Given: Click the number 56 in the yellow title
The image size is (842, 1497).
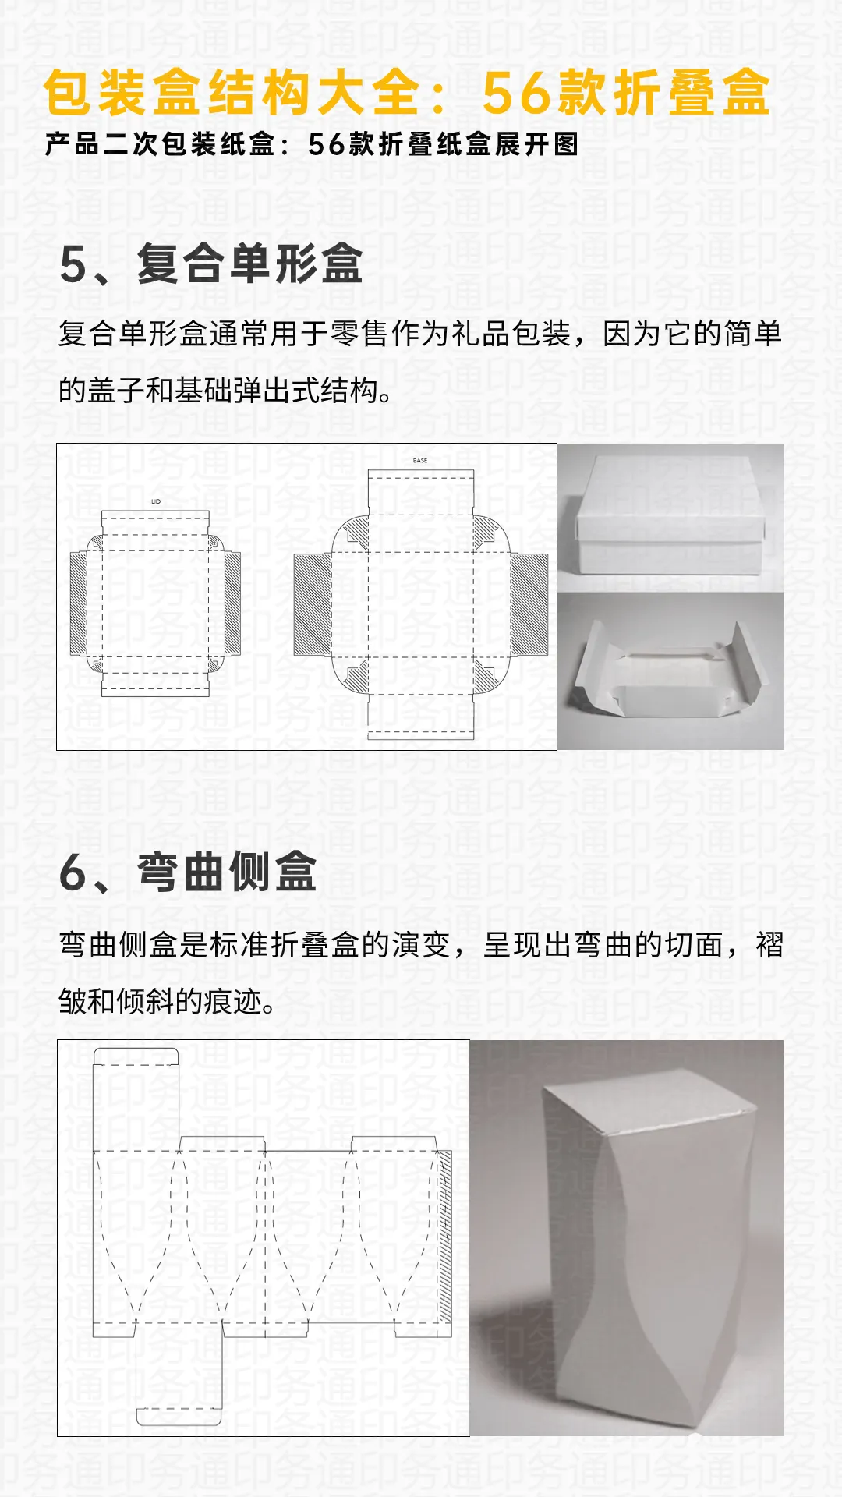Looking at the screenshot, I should [x=517, y=94].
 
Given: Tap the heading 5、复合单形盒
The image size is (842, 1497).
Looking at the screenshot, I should [x=210, y=264].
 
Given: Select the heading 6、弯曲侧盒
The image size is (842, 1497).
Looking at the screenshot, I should [x=188, y=872].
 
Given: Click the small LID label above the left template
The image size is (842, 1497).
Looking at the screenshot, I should [x=156, y=501].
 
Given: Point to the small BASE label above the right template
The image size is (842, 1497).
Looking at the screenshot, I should [x=420, y=461].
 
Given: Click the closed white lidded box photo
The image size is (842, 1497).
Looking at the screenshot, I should [x=670, y=516].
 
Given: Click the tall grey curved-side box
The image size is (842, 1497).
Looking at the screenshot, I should [x=647, y=1247].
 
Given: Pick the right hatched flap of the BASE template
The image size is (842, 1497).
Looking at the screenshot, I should [x=529, y=604].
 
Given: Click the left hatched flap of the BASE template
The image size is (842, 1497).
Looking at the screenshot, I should [x=312, y=604].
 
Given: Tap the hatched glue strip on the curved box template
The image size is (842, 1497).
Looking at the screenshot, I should [x=444, y=1240].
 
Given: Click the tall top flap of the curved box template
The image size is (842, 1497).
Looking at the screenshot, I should [x=136, y=1099].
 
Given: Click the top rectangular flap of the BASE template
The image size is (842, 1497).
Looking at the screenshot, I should [x=420, y=491].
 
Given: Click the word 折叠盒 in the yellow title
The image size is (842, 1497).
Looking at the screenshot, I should [x=692, y=94].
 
